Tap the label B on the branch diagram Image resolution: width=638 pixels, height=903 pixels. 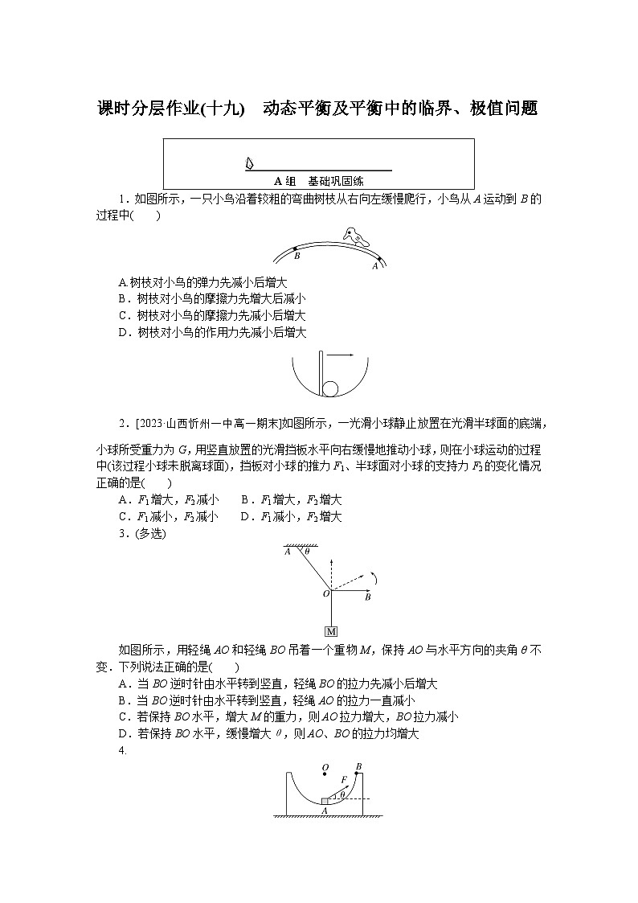297,257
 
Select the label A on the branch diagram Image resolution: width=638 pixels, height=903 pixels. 374,265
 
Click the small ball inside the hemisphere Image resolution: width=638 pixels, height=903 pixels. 332,389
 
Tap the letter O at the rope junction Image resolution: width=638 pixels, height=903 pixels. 325,593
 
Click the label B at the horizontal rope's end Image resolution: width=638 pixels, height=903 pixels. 367,598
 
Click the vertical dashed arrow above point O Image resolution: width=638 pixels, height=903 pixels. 331,569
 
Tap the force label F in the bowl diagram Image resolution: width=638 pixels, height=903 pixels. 343,779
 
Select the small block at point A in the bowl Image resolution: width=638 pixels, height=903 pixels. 325,800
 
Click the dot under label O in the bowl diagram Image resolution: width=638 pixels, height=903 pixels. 325,777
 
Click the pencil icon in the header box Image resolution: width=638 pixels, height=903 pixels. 249,163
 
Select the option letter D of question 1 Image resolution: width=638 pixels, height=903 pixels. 123,332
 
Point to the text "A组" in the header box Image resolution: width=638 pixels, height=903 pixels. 282,182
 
